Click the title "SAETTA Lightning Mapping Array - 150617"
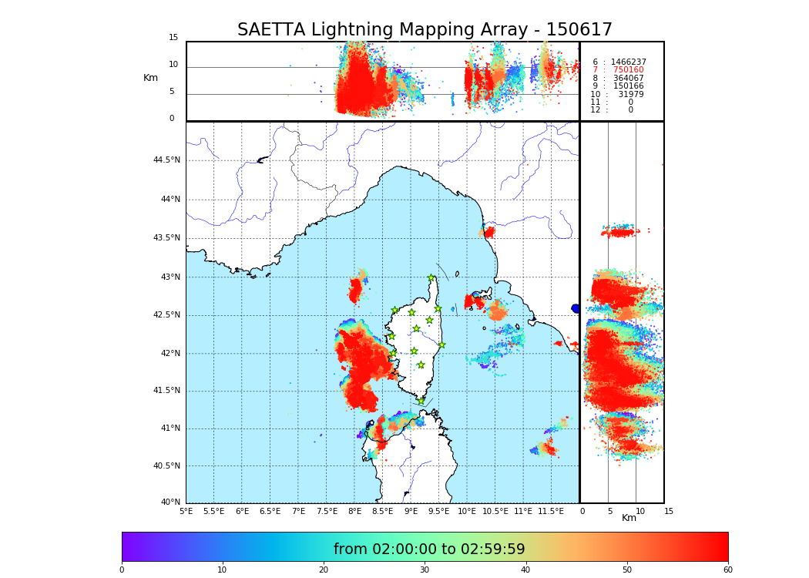click(x=425, y=30)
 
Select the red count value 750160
click(x=628, y=70)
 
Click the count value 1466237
click(x=628, y=62)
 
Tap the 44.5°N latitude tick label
click(x=166, y=160)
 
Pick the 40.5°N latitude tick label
click(x=166, y=466)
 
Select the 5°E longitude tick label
click(x=186, y=511)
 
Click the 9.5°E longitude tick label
click(x=439, y=511)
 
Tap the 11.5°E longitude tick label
click(x=552, y=511)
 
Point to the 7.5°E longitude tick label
click(x=327, y=511)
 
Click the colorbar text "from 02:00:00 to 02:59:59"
click(x=429, y=549)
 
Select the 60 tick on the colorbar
click(x=727, y=570)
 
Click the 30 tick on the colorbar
click(x=425, y=570)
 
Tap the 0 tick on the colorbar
click(x=122, y=570)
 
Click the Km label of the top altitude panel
click(x=150, y=78)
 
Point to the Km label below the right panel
click(x=629, y=518)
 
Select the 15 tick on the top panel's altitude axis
click(x=173, y=38)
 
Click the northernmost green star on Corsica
click(x=431, y=278)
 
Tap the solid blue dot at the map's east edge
click(x=576, y=308)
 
